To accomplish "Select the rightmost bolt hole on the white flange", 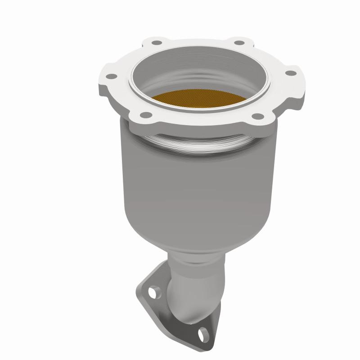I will point(291,72).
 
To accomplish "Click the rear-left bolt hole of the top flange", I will point(157,44).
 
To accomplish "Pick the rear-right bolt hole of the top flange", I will point(240,42).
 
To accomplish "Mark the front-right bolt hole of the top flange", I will point(257,116).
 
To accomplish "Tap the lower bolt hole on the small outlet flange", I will point(205,334).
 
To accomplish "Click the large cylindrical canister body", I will point(198,180).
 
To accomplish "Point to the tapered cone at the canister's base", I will point(198,234).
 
